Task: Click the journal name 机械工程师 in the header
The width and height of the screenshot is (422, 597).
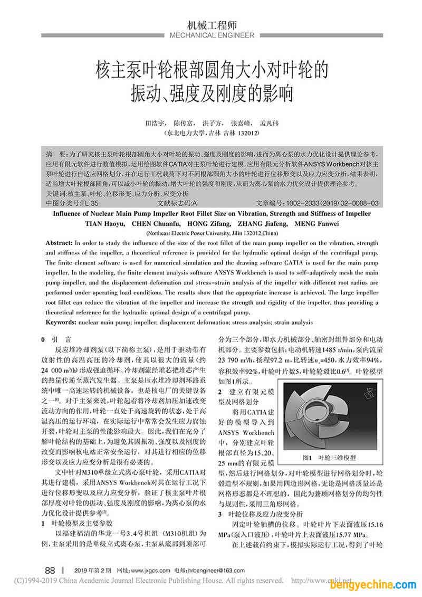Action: click(x=212, y=24)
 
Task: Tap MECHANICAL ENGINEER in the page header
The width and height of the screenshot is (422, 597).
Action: click(x=212, y=35)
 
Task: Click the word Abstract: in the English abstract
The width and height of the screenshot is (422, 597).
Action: click(x=59, y=242)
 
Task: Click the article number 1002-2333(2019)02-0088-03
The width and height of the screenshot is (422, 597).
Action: click(x=332, y=203)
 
